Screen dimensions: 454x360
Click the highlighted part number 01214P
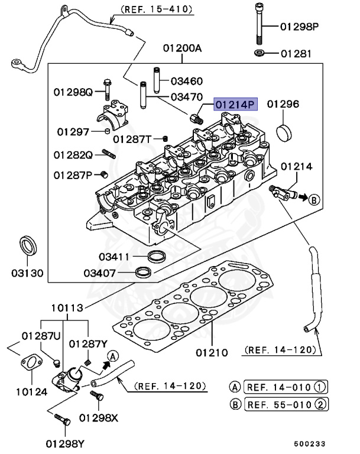(236, 105)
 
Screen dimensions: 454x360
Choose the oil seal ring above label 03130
(27, 245)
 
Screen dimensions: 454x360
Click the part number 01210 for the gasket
(211, 352)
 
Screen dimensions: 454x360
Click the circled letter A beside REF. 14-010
(235, 388)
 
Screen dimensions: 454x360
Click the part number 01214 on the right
(296, 167)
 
